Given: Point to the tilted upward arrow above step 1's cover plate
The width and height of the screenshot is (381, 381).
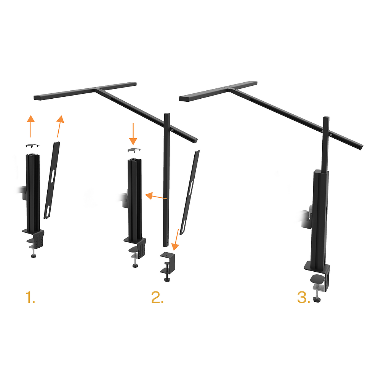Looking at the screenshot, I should tap(59, 126).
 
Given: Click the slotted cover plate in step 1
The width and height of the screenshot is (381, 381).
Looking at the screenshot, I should tap(52, 179).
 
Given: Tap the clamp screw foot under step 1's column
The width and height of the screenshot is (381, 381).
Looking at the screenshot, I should tap(34, 253).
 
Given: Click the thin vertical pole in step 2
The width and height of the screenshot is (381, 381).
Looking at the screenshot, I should tap(166, 179).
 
